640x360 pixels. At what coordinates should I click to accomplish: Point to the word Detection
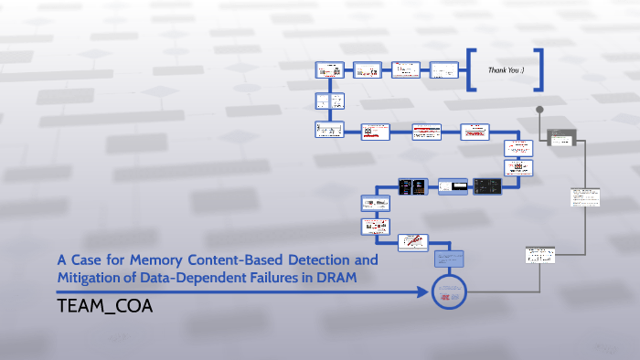tap(327, 259)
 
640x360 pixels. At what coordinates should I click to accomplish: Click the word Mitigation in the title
tap(91, 277)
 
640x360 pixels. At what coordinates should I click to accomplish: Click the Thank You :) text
tap(506, 69)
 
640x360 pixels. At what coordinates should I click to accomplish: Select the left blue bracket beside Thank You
tap(471, 69)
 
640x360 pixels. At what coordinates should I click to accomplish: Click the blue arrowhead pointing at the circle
tap(423, 292)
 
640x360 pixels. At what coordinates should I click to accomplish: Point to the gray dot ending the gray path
tap(539, 110)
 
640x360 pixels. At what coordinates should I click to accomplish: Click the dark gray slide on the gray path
tap(560, 138)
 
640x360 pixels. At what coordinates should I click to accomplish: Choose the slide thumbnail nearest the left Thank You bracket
tap(443, 69)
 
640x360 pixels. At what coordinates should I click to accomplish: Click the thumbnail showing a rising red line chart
tap(413, 243)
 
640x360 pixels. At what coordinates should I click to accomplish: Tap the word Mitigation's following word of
tap(133, 277)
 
